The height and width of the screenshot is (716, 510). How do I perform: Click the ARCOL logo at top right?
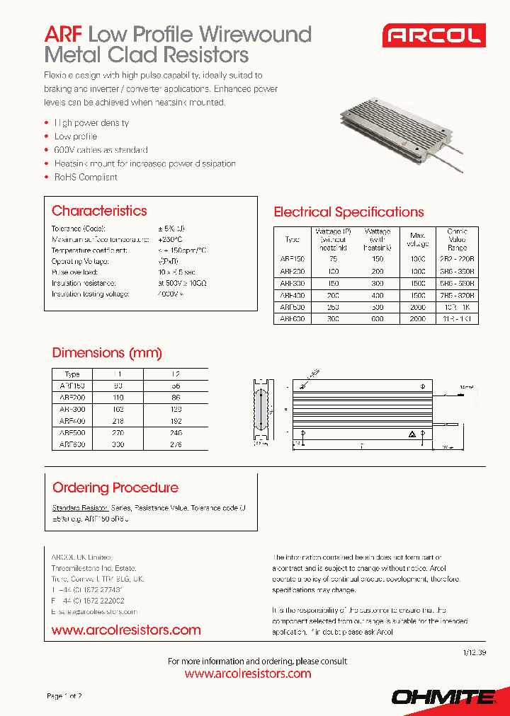[x=433, y=35]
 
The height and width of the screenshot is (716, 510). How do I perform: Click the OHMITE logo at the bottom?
[x=443, y=697]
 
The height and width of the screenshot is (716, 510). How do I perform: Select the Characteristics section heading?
[x=99, y=211]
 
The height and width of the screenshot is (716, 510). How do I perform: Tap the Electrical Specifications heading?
[x=348, y=212]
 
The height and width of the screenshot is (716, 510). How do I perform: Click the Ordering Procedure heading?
[x=115, y=487]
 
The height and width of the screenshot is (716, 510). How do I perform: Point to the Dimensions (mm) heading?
[x=107, y=353]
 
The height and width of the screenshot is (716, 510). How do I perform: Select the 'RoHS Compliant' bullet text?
[x=86, y=178]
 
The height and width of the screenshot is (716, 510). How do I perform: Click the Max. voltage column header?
[x=417, y=240]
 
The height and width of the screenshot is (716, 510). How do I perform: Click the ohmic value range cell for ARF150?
[x=458, y=260]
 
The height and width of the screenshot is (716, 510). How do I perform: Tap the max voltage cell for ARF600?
[x=417, y=319]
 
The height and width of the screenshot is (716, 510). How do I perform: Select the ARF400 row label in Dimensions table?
[x=72, y=420]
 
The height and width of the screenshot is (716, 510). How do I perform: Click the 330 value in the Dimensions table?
[x=117, y=444]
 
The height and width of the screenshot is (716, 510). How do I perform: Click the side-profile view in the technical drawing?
[x=260, y=410]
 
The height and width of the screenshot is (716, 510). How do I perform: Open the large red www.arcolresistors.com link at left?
[x=126, y=630]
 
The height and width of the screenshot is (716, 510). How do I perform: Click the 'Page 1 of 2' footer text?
[x=64, y=696]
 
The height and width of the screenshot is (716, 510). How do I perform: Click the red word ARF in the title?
[x=64, y=35]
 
